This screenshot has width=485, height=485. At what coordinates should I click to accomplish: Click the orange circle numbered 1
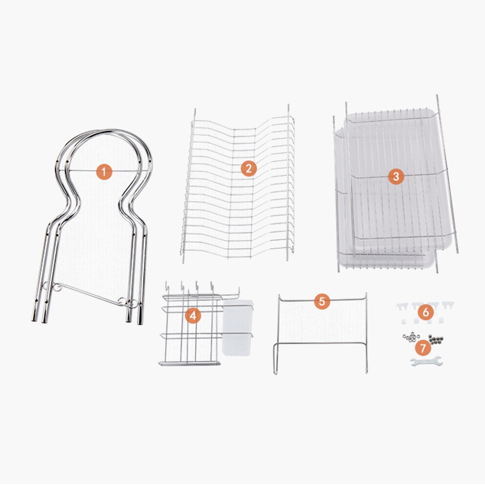[104, 172]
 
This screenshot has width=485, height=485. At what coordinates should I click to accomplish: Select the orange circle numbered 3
[396, 177]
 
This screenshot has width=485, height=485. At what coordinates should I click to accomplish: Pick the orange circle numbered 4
[193, 315]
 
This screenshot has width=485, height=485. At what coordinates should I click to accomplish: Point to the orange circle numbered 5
[322, 301]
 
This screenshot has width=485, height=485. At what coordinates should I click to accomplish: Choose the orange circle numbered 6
[426, 312]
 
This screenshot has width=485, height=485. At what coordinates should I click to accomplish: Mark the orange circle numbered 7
[422, 346]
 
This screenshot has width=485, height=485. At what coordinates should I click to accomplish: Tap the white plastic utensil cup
[237, 327]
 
